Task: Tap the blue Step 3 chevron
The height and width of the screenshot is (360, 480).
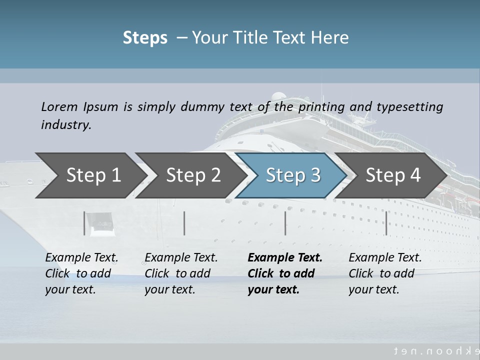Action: pyautogui.click(x=293, y=175)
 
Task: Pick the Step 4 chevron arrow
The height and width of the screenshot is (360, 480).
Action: pyautogui.click(x=393, y=175)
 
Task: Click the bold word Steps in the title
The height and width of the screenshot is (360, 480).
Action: pyautogui.click(x=145, y=38)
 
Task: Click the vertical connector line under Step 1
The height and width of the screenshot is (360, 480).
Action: pyautogui.click(x=84, y=223)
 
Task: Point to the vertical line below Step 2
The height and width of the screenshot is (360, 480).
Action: pyautogui.click(x=184, y=223)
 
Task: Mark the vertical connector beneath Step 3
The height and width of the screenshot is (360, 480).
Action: pyautogui.click(x=285, y=223)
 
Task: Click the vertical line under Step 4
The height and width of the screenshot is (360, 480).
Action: pyautogui.click(x=386, y=223)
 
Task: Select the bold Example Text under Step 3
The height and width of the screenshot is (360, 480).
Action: pyautogui.click(x=285, y=258)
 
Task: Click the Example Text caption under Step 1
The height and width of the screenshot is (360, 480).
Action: pyautogui.click(x=81, y=258)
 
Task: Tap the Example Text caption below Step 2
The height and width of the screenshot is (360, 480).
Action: pyautogui.click(x=181, y=258)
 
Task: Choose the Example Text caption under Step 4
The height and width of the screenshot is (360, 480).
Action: pyautogui.click(x=385, y=258)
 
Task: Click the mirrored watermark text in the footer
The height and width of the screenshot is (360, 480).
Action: pyautogui.click(x=435, y=351)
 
